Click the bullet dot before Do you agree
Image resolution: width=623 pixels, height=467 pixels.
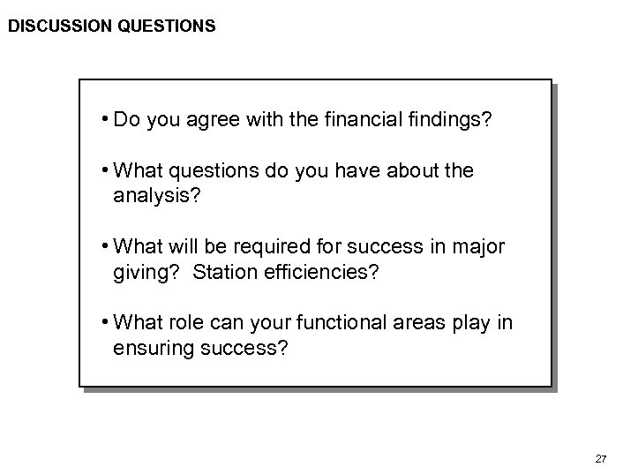tap(104, 119)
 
